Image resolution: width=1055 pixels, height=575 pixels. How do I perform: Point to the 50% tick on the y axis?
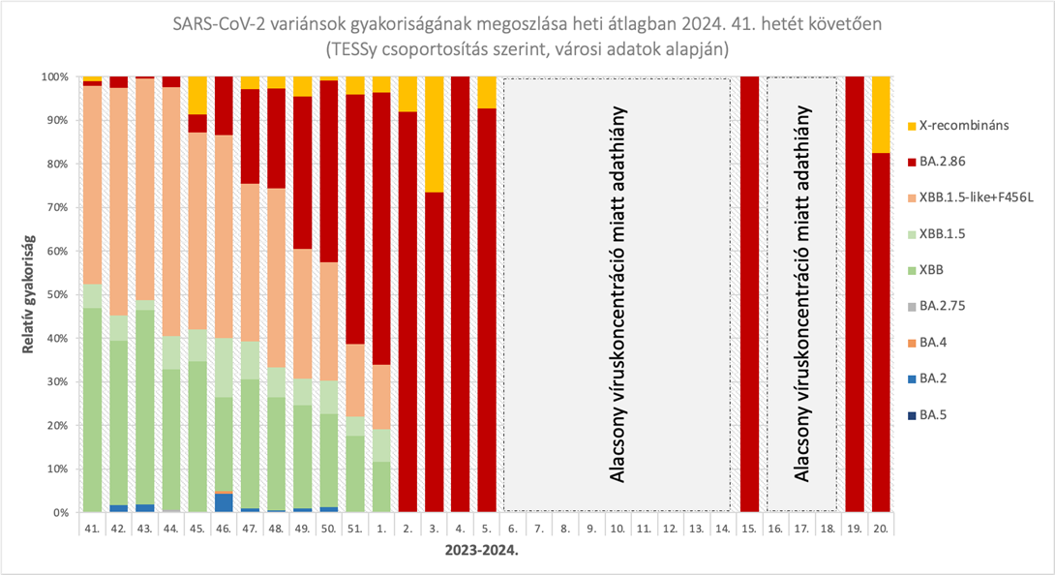53,294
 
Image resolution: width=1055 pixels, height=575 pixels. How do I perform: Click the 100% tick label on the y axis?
51,76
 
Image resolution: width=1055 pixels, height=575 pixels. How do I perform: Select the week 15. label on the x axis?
749,530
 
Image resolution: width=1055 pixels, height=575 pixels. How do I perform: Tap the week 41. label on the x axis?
93,530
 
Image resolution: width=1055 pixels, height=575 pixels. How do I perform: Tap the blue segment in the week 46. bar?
224,502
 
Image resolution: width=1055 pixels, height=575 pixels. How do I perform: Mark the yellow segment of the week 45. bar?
197,95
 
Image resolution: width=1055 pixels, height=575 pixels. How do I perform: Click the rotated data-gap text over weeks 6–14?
616,294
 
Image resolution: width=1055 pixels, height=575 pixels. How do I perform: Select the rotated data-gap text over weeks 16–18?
801,294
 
